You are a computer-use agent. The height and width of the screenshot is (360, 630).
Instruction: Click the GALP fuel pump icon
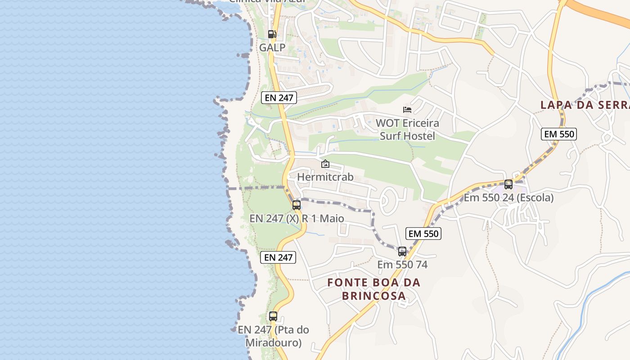click(272, 34)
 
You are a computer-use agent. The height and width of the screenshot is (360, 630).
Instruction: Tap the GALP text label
click(272, 47)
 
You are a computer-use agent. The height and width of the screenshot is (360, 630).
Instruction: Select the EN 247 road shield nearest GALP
click(279, 97)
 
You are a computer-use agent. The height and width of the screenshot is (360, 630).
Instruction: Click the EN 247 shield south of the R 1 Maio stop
click(278, 257)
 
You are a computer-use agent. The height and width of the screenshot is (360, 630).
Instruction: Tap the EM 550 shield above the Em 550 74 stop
click(423, 234)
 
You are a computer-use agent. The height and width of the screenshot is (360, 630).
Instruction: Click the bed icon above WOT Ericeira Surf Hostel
click(407, 109)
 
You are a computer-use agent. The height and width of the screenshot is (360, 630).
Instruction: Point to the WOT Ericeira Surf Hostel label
click(407, 129)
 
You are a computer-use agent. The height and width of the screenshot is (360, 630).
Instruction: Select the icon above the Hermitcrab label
click(325, 164)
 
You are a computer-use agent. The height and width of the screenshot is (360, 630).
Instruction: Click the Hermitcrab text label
click(325, 177)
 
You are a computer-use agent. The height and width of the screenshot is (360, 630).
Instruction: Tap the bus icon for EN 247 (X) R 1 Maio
click(297, 205)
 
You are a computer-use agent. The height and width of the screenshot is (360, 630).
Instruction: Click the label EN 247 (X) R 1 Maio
click(297, 219)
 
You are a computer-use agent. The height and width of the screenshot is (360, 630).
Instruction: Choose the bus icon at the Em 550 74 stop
click(402, 252)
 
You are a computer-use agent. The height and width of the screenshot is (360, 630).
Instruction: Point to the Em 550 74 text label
click(402, 265)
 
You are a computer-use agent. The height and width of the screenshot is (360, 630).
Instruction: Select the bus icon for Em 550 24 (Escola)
click(508, 184)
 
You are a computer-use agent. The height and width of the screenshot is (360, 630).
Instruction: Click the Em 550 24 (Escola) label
click(508, 198)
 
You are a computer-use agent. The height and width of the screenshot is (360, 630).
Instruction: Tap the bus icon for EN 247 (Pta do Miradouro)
click(273, 316)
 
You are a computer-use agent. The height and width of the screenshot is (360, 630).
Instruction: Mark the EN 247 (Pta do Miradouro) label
click(273, 336)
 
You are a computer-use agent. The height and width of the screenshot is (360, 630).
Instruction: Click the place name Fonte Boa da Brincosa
click(373, 289)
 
